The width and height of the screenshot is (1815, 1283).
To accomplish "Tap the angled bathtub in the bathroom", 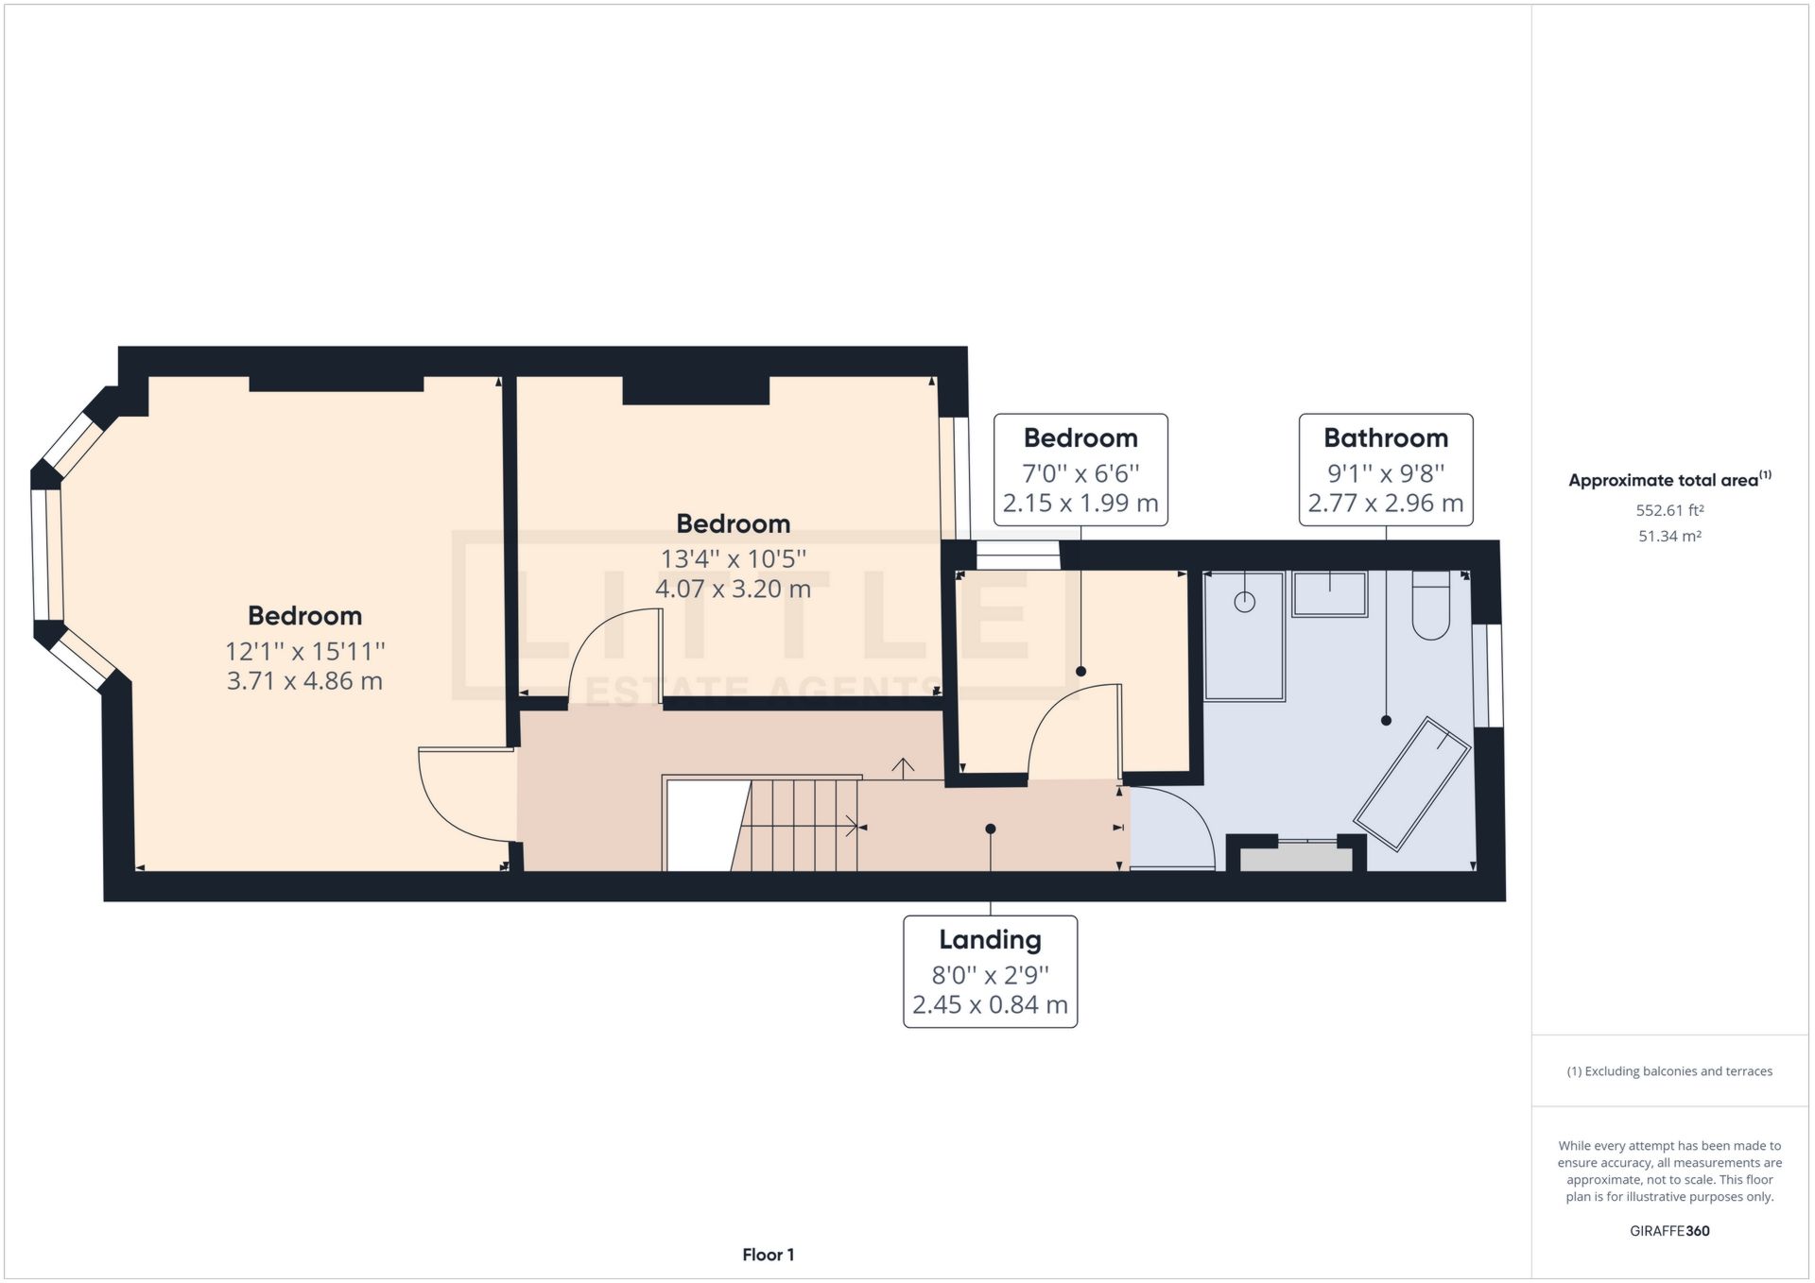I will tap(1411, 784).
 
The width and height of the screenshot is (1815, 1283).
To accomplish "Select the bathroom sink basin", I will tap(1330, 594).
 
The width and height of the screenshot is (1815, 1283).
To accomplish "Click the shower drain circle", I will tap(1245, 601).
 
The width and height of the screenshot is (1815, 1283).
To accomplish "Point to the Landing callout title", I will tap(990, 940).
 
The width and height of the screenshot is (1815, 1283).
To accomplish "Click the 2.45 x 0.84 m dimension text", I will tap(990, 1004).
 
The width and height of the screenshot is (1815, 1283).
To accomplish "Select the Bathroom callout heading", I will tap(1385, 438).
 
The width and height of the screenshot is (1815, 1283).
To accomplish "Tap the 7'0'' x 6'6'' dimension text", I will tap(1080, 472).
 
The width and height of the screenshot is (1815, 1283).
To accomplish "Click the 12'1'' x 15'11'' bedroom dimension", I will tap(304, 651).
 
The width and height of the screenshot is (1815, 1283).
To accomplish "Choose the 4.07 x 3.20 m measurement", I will tap(733, 589).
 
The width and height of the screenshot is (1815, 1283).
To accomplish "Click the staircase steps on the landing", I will tap(804, 824).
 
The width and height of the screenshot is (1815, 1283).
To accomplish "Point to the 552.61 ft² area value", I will tap(1669, 510).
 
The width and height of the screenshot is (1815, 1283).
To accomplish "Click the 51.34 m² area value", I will tap(1669, 536).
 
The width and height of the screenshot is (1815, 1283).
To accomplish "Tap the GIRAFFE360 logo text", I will tap(1669, 1231).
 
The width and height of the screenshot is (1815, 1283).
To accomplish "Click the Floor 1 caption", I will tap(768, 1255).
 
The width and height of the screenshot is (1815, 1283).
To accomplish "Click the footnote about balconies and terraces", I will tap(1669, 1071).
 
